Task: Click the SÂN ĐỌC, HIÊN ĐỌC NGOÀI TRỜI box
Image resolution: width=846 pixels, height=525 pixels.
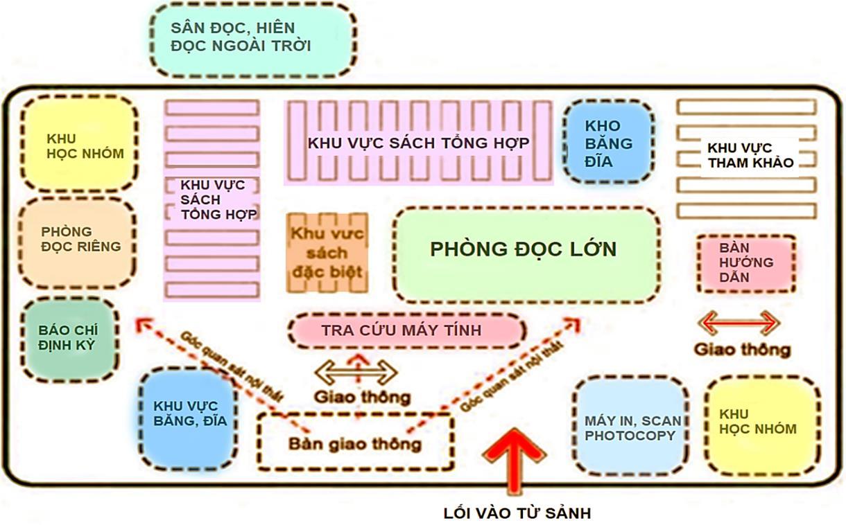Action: pos(252,39)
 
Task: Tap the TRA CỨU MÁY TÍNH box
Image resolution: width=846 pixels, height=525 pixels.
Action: pos(406,330)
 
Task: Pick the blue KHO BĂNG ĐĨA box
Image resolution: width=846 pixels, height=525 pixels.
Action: pos(608,142)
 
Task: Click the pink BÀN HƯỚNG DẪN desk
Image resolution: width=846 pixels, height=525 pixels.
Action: pos(746,262)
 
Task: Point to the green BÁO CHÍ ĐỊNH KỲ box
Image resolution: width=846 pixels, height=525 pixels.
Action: pos(69,339)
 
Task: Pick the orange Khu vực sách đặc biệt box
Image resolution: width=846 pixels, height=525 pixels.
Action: pos(327,252)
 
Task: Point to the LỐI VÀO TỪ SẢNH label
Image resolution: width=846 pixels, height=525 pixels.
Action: pos(517,513)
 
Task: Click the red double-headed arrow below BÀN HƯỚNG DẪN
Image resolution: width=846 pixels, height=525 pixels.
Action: pos(739,323)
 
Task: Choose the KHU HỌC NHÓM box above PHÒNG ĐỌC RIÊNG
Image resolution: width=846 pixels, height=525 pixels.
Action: pos(78,143)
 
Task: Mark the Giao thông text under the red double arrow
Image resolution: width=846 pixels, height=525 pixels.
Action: pos(743,350)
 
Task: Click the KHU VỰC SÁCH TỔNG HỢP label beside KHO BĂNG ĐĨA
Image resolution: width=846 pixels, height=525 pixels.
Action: pos(419,143)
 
